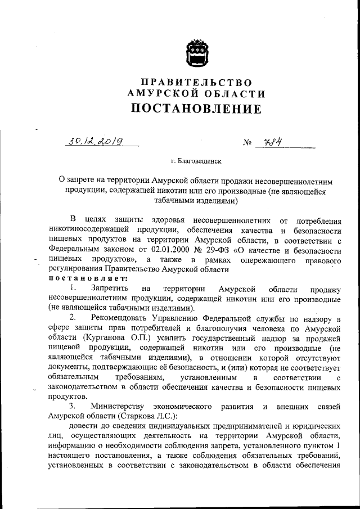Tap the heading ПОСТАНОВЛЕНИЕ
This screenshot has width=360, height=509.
coord(196,108)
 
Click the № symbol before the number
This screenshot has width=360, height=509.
coord(247,143)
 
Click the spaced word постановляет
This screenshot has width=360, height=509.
coord(85,278)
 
